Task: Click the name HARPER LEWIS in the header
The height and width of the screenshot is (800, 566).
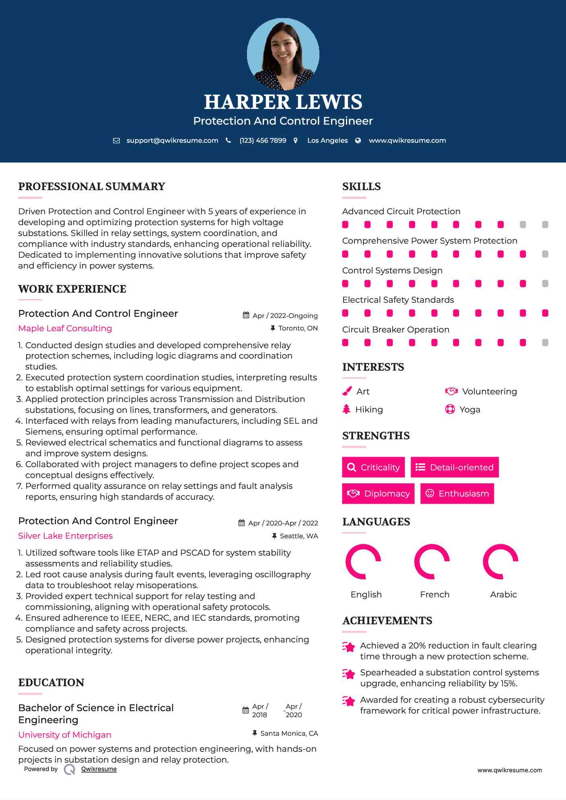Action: [x=283, y=102]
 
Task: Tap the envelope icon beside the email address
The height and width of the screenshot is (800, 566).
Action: [x=116, y=141]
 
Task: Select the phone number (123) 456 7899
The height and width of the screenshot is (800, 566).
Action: [x=263, y=141]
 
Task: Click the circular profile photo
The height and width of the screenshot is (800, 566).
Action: [x=283, y=54]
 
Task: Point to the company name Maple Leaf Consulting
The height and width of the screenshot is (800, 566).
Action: [x=65, y=328]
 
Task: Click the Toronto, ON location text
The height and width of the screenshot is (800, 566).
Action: [x=298, y=328]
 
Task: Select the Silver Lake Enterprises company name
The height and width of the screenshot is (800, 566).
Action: [x=66, y=536]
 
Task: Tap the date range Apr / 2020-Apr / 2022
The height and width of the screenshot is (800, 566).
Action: [x=283, y=523]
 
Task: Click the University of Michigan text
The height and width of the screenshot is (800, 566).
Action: [x=65, y=735]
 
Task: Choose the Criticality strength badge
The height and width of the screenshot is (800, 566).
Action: [x=373, y=467]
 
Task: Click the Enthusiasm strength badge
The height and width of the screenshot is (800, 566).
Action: [x=457, y=494]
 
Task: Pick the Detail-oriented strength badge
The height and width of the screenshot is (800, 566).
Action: [x=455, y=467]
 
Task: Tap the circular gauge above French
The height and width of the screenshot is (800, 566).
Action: [x=432, y=562]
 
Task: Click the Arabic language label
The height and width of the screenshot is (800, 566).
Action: [x=503, y=595]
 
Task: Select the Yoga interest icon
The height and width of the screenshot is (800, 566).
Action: [x=450, y=410]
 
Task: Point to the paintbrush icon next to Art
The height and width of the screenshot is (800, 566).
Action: [x=347, y=392]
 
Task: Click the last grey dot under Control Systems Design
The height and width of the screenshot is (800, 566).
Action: [x=545, y=284]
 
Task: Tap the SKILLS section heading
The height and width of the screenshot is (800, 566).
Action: [x=361, y=187]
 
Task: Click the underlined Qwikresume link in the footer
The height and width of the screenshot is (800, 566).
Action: [x=99, y=769]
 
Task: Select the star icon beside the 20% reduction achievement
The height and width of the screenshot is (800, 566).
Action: [x=349, y=647]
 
